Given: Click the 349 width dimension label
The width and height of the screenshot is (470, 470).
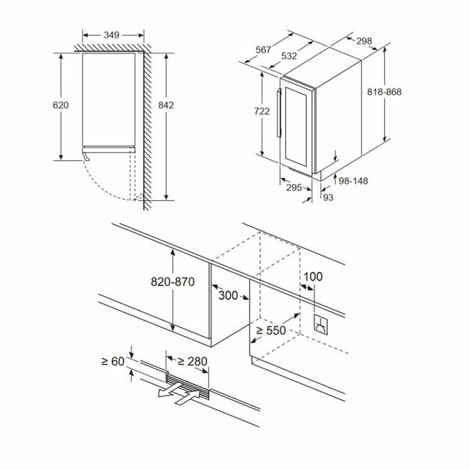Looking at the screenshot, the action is point(111,35).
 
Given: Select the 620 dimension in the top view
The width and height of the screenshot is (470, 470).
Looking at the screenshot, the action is point(61,105).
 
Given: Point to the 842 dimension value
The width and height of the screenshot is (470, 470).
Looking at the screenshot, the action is point(166,105).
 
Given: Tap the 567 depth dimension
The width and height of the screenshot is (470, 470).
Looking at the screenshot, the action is point(263,50).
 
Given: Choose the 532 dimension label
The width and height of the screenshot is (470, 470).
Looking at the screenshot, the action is point(290,56).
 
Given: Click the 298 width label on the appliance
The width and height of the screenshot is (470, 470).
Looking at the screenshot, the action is point(364,41).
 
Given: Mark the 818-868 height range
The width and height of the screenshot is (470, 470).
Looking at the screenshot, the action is point(384,92).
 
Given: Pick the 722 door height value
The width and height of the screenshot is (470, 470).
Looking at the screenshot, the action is point(262,111).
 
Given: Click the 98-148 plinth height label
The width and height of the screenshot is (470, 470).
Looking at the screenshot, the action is point(353,181).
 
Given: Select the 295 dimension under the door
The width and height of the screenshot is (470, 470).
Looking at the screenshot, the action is point(294,188).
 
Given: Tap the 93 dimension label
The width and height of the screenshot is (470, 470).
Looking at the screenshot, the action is point(329,198).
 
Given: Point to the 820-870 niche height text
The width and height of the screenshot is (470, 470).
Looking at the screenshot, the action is point(173,282).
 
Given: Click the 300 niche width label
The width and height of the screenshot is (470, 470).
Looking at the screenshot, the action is point(228,296).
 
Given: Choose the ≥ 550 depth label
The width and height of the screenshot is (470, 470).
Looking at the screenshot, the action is point(271,330).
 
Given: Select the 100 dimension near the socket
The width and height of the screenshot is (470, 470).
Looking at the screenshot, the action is point(313,277).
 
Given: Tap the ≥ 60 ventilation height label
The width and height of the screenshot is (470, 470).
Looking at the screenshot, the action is point(113,362).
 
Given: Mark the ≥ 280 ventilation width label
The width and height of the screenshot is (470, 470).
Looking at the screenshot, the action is point(193,362).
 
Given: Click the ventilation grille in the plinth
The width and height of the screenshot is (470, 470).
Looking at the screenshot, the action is point(187,386).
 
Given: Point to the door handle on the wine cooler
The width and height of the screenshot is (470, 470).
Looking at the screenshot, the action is point(279,113).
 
